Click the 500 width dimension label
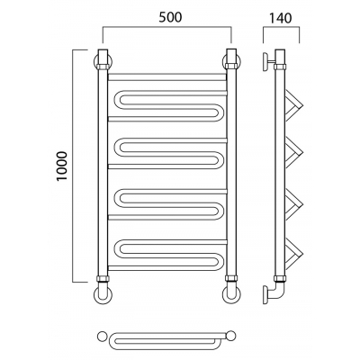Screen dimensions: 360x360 click(x=170, y=17)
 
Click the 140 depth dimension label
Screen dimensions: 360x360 click(x=280, y=18)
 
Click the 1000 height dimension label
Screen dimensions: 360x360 click(x=62, y=166)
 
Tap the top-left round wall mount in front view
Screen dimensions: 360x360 click(x=97, y=61)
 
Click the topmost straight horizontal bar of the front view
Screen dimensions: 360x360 click(x=166, y=76)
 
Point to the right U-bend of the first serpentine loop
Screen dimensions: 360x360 click(x=220, y=112)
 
